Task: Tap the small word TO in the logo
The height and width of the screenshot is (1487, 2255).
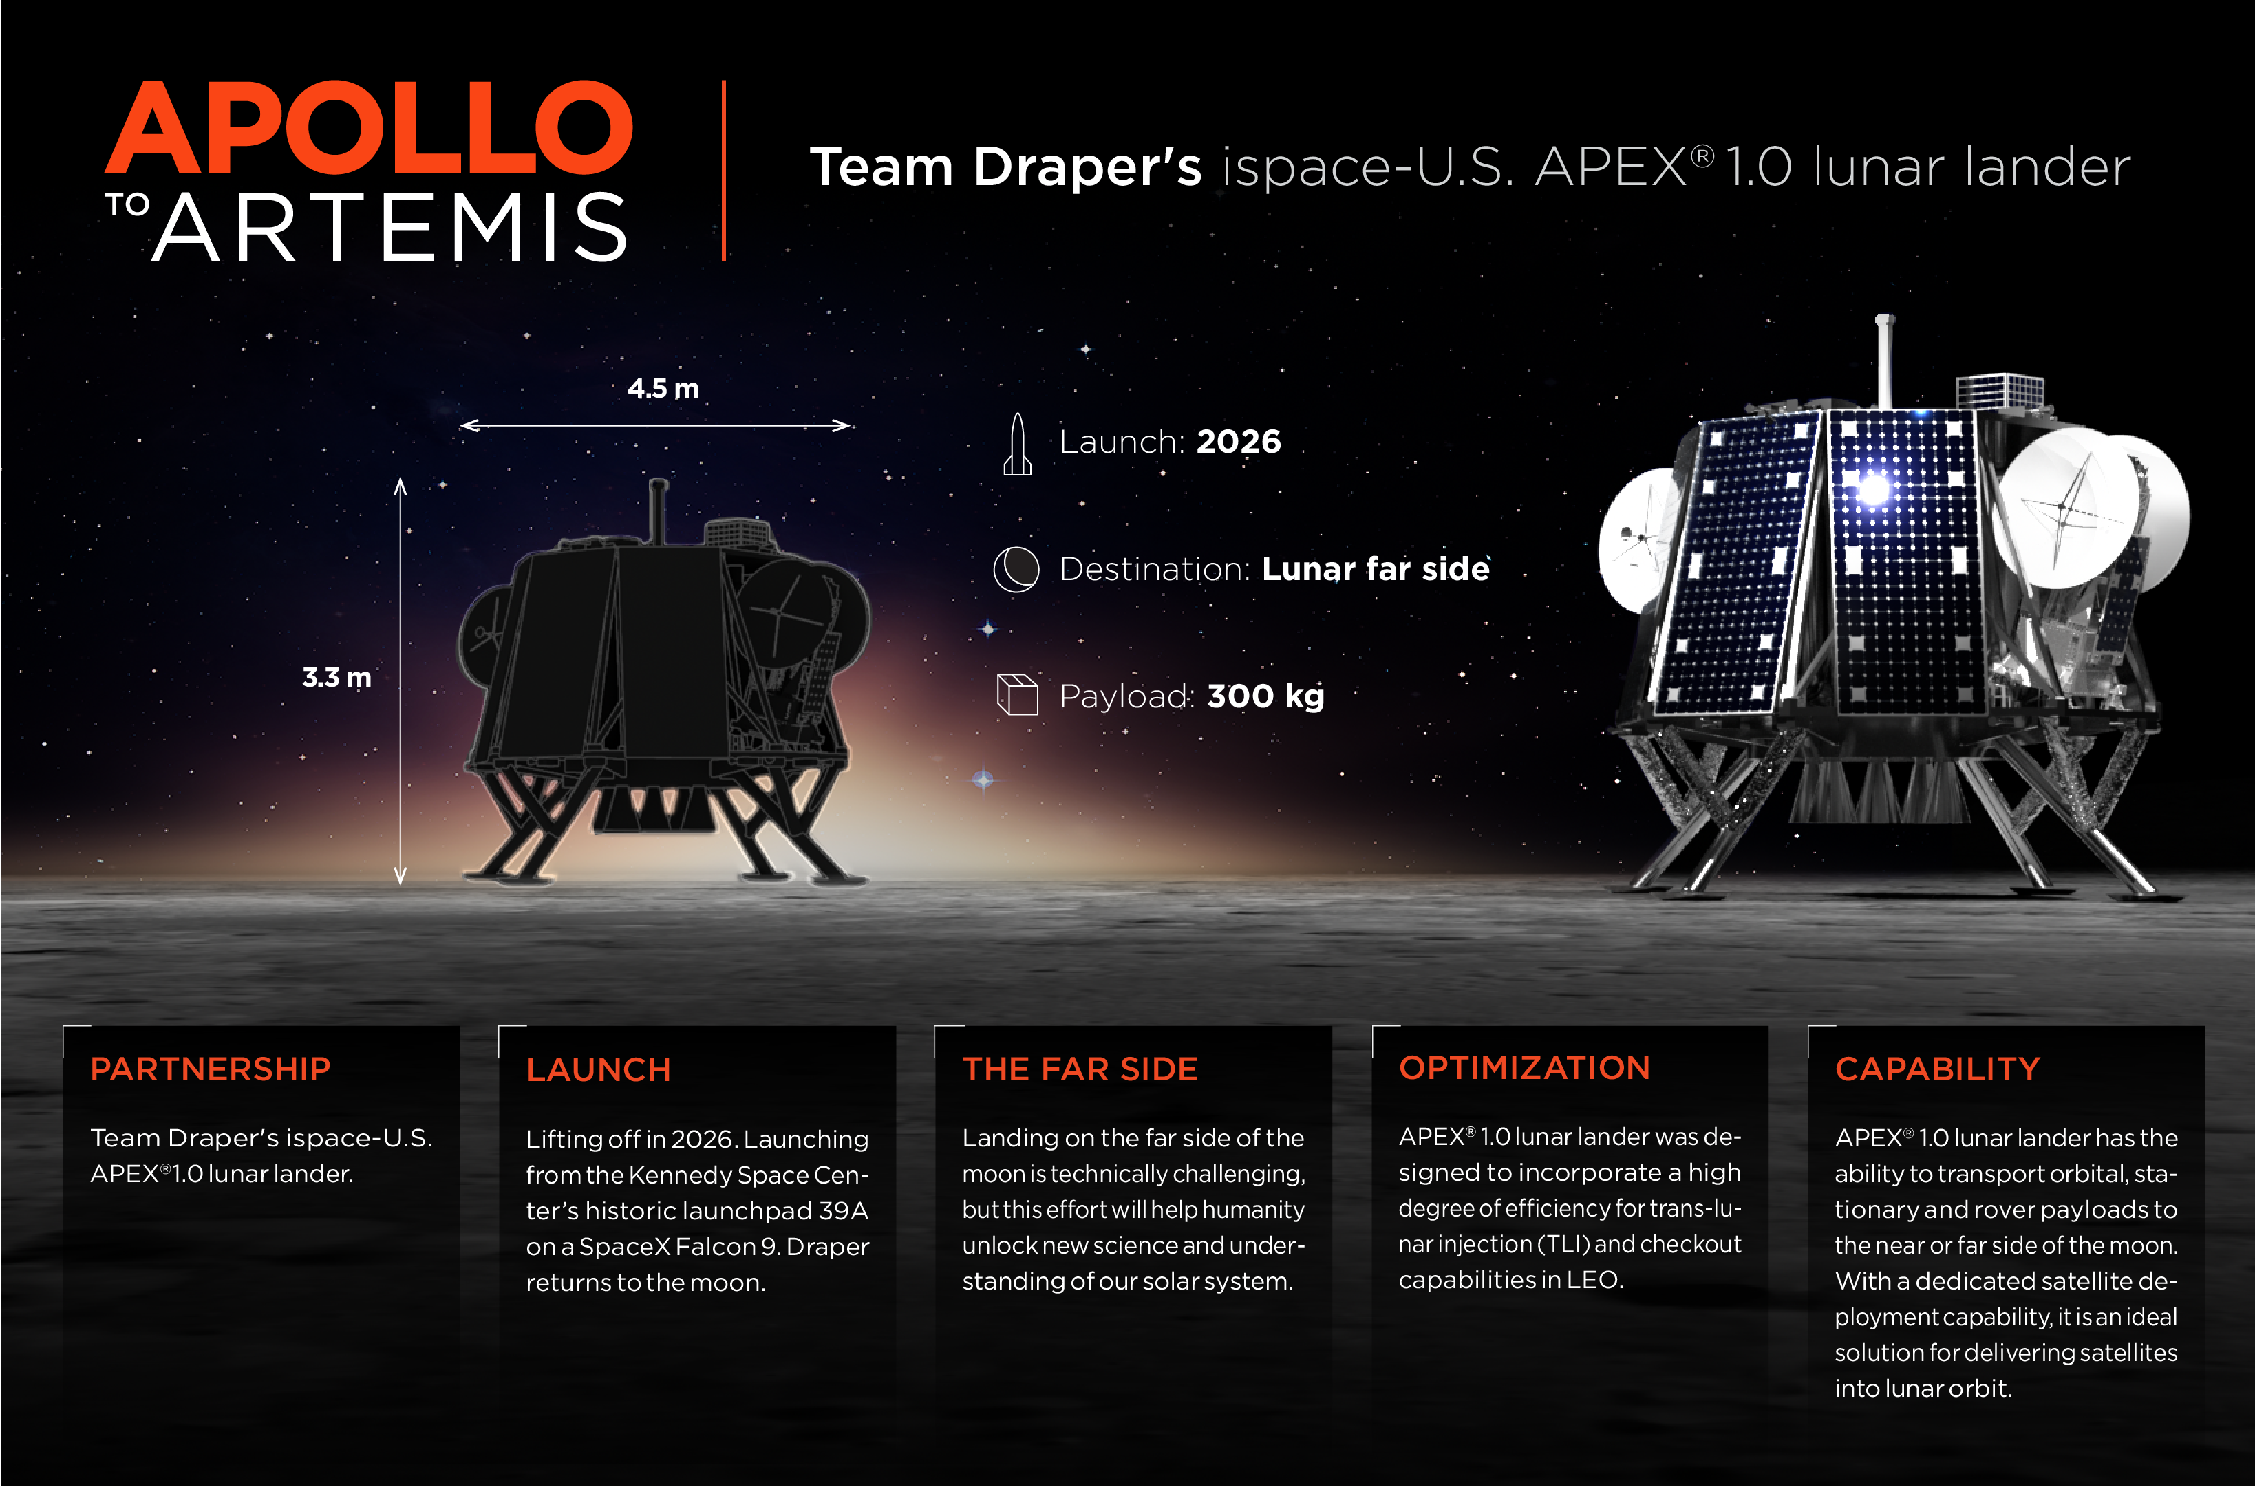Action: point(127,205)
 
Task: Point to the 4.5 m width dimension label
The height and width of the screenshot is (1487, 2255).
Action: point(663,389)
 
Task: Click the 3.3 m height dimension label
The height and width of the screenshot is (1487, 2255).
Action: point(336,677)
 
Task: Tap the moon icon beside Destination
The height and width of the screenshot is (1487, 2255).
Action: point(1016,569)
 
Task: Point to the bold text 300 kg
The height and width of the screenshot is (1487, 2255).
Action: point(1265,696)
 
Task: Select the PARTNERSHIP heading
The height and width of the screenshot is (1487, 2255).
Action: point(211,1069)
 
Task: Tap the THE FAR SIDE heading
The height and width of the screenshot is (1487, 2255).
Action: point(1080,1069)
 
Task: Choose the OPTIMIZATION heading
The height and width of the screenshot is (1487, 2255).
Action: point(1524,1067)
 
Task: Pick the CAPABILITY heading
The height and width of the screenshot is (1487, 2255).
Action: point(1937,1069)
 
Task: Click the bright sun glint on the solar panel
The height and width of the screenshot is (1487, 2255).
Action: point(1873,489)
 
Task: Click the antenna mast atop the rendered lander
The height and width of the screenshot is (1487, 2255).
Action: point(1885,361)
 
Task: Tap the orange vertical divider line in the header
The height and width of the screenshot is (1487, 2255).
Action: point(723,171)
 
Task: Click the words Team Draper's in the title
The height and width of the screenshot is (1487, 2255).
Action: point(1005,167)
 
